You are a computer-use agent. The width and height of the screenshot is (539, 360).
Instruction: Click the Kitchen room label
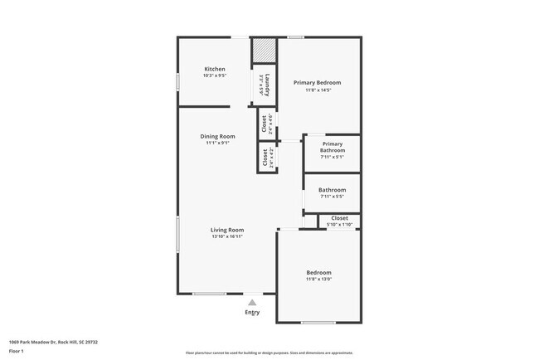pyautogui.click(x=215, y=69)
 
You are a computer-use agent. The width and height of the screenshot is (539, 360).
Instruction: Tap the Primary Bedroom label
pyautogui.click(x=318, y=83)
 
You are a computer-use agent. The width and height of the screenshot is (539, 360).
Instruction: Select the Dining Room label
pyautogui.click(x=217, y=136)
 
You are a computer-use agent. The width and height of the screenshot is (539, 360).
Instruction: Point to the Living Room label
pyautogui.click(x=226, y=230)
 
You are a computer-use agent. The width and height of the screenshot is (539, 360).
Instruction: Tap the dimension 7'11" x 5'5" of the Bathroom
pyautogui.click(x=332, y=197)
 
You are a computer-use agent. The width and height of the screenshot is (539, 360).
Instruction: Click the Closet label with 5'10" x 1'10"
pyautogui.click(x=339, y=218)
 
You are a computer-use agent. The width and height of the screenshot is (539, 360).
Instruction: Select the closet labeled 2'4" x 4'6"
pyautogui.click(x=268, y=124)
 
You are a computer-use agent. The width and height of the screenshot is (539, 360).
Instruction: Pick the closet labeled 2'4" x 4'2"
pyautogui.click(x=268, y=158)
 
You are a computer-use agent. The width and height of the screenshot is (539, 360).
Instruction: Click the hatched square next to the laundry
pyautogui.click(x=264, y=50)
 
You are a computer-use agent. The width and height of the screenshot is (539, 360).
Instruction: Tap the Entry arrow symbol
pyautogui.click(x=252, y=303)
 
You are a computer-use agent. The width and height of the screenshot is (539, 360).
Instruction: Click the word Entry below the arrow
pyautogui.click(x=252, y=313)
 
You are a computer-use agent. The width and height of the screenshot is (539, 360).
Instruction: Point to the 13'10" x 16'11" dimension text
pyautogui.click(x=226, y=236)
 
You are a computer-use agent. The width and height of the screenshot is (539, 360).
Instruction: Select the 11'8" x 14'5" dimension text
pyautogui.click(x=318, y=90)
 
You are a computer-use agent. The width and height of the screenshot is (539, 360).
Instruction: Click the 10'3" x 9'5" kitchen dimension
pyautogui.click(x=215, y=75)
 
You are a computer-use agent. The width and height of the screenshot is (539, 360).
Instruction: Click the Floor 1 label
pyautogui.click(x=17, y=351)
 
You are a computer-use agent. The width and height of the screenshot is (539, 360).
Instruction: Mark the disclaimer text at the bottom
pyautogui.click(x=269, y=354)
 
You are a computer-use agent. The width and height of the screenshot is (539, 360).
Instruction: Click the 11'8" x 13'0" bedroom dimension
pyautogui.click(x=318, y=280)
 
